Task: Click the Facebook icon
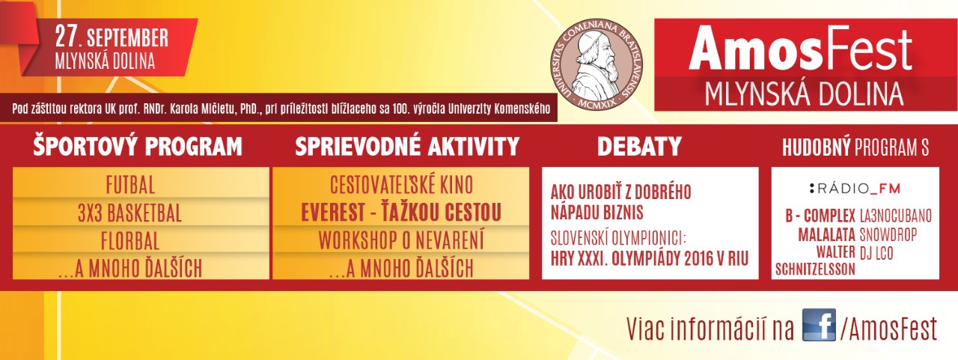click(819, 325)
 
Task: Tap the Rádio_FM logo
click(855, 188)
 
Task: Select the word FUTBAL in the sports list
click(130, 186)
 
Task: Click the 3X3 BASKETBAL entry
click(130, 213)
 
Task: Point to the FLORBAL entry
click(130, 241)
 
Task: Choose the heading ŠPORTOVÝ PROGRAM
click(138, 147)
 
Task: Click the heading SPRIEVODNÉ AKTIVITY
click(407, 147)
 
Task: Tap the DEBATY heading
click(639, 147)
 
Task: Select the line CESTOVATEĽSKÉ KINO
click(401, 185)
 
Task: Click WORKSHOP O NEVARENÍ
click(401, 240)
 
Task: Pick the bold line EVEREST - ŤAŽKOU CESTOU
click(401, 213)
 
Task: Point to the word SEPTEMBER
click(128, 38)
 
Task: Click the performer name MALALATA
click(827, 235)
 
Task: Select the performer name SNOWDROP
click(888, 235)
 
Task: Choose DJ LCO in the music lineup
click(876, 253)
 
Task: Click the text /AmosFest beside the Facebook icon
click(888, 329)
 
